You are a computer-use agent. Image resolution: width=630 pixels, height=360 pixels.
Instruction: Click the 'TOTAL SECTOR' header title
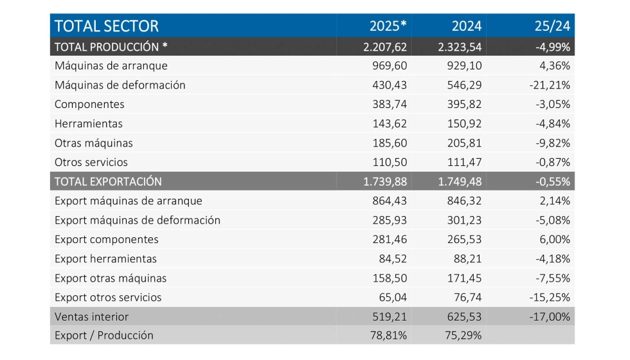(106, 26)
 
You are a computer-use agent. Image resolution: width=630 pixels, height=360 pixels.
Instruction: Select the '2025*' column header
(388, 26)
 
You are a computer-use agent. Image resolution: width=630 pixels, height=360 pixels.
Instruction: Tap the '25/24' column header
(552, 26)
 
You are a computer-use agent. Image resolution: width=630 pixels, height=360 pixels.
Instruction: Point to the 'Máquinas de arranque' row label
(111, 66)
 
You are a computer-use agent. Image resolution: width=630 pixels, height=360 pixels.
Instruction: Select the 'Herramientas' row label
(89, 123)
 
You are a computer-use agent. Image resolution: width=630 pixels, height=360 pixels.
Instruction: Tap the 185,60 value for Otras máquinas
(390, 143)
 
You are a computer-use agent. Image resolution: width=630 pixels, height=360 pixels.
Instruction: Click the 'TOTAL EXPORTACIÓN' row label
(108, 181)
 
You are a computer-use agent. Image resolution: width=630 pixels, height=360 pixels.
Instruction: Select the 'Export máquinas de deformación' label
(138, 220)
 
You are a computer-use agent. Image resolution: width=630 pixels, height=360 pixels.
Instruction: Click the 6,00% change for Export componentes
(555, 239)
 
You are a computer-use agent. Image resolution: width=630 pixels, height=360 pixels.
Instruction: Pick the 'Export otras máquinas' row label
(111, 278)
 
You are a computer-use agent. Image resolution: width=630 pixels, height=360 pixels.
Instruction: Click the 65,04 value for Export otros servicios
(394, 298)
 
